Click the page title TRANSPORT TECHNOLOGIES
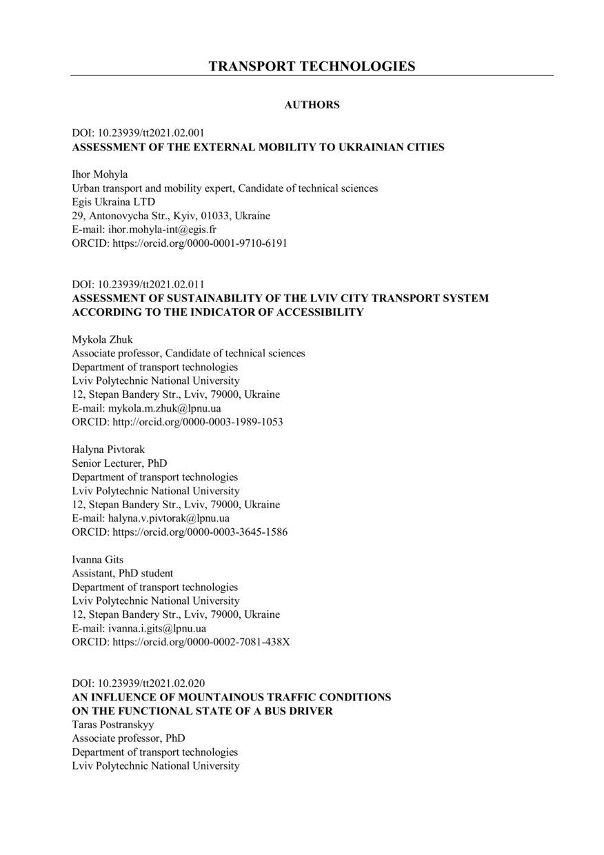click(x=312, y=66)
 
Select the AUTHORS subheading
click(x=312, y=105)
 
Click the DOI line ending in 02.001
click(x=138, y=133)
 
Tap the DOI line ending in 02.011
click(x=138, y=284)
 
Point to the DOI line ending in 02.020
click(x=138, y=683)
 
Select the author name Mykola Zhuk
click(x=102, y=339)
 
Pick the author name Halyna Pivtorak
click(x=108, y=450)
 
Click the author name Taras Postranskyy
click(x=113, y=725)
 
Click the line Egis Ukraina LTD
click(x=114, y=202)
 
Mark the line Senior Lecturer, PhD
click(x=119, y=463)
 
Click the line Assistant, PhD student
click(x=123, y=573)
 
